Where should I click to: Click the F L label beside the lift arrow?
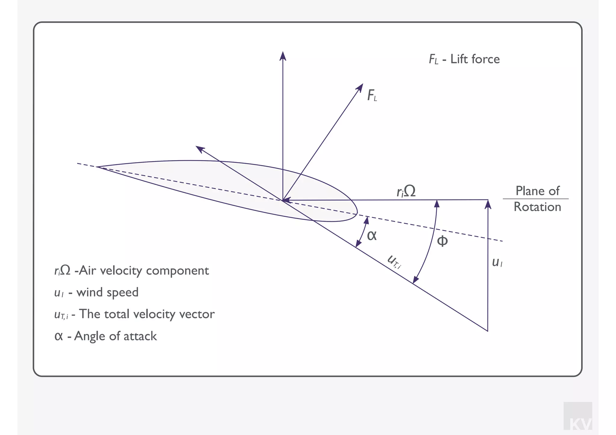(x=372, y=96)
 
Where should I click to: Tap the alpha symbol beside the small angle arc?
(x=372, y=236)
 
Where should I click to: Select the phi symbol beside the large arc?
(x=442, y=241)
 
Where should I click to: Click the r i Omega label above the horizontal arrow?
(x=406, y=191)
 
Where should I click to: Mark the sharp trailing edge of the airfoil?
(x=97, y=167)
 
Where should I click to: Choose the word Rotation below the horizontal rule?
(x=537, y=207)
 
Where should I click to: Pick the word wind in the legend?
(x=90, y=292)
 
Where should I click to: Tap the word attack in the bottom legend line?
(x=140, y=336)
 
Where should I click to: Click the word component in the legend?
(x=177, y=271)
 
